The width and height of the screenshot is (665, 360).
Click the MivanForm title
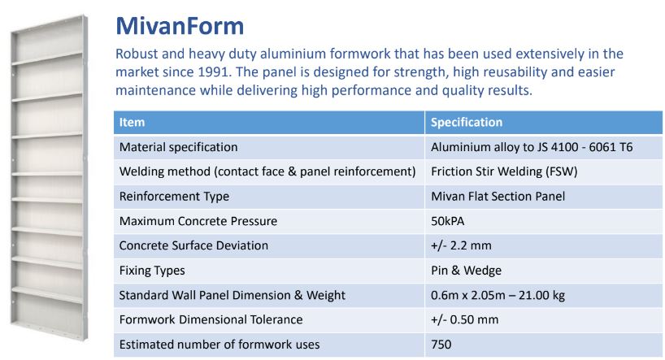[x=180, y=26]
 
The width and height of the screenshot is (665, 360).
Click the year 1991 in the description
[x=214, y=72]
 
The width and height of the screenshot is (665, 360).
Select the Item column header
[x=132, y=122]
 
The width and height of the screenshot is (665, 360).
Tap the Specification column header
[x=467, y=122]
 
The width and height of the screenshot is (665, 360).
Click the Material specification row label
[x=179, y=147]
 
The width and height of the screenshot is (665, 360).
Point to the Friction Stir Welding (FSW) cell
[x=504, y=171]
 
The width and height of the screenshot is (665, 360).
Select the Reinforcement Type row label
[x=174, y=197]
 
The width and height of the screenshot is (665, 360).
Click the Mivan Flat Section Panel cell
[x=498, y=197]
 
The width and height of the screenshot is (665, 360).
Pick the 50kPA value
[x=447, y=221]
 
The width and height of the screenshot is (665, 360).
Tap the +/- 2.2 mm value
[x=461, y=245]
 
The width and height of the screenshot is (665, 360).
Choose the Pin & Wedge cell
[x=466, y=270]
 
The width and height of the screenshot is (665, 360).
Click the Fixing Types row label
[x=152, y=270]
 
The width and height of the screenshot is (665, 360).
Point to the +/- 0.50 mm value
[x=464, y=319]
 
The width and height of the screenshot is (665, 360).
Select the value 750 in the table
[x=441, y=345]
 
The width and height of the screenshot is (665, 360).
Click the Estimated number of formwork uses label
[x=219, y=345]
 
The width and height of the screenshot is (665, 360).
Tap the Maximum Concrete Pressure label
[x=198, y=221]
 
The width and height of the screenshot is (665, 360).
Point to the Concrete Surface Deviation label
[x=193, y=245]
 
